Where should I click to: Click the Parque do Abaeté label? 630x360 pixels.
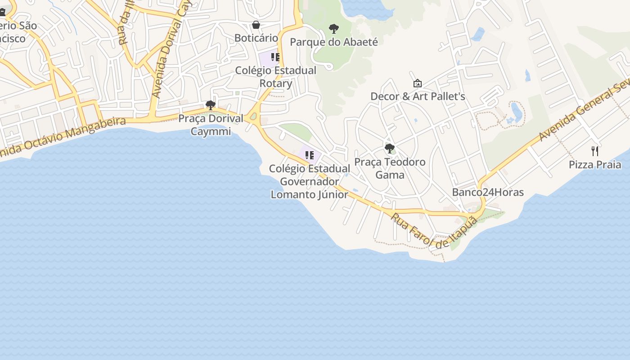click(334, 42)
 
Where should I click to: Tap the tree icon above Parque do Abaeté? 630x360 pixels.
click(334, 29)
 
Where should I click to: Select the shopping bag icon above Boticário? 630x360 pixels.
click(256, 25)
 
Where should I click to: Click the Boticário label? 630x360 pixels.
click(256, 38)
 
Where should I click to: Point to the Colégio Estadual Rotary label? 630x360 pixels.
click(276, 77)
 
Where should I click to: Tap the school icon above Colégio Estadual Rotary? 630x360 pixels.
click(275, 57)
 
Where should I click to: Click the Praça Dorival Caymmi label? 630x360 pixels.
click(211, 125)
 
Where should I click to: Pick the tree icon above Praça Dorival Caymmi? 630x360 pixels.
click(210, 105)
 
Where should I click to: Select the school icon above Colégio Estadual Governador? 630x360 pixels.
click(309, 155)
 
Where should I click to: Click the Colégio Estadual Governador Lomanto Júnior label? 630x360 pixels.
click(310, 181)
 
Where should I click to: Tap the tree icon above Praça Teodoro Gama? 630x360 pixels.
click(390, 148)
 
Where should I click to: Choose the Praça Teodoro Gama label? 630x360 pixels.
click(390, 168)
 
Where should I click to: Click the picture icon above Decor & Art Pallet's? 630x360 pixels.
click(418, 83)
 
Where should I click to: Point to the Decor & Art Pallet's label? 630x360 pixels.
click(418, 96)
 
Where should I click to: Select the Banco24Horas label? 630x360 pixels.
click(488, 192)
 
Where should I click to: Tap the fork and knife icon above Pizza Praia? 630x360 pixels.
click(595, 151)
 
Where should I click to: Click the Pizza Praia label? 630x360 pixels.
click(595, 165)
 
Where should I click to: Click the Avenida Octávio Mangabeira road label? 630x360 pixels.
click(63, 138)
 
